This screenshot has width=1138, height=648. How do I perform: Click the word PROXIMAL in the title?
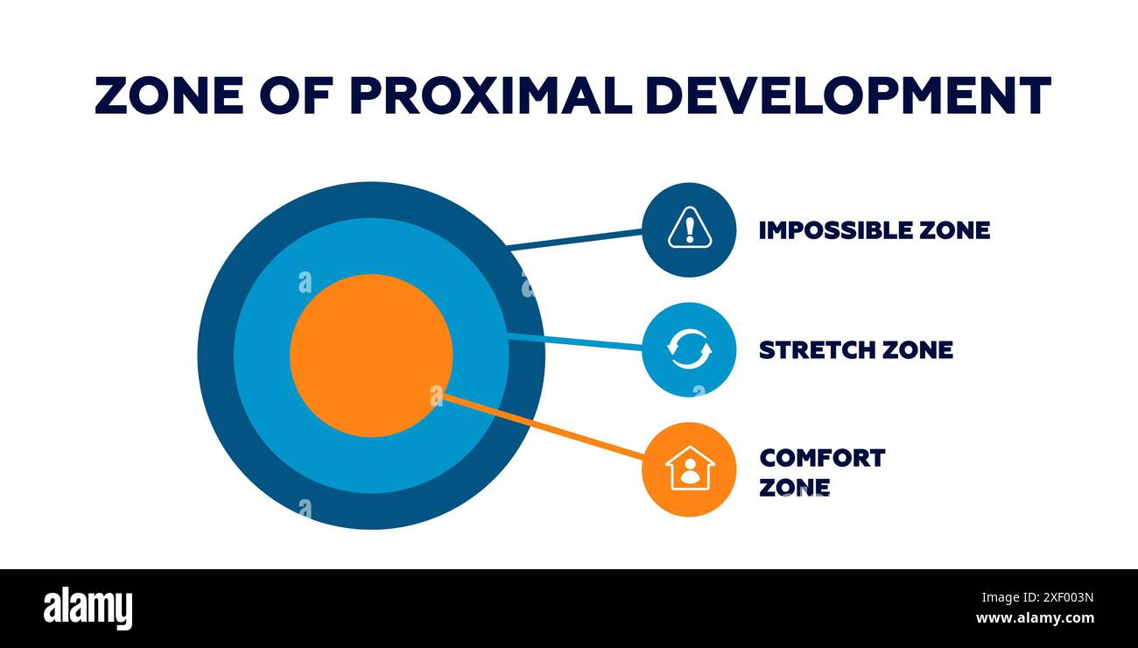[x=490, y=95]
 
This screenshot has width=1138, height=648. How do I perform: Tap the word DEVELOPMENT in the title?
[x=847, y=95]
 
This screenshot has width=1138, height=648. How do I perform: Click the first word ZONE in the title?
[x=169, y=95]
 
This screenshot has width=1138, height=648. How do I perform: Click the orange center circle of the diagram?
[x=370, y=355]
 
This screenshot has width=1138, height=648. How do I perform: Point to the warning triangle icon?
[x=689, y=229]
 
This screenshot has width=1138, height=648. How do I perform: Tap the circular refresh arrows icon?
[x=689, y=349]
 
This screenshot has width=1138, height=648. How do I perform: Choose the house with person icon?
[x=689, y=468]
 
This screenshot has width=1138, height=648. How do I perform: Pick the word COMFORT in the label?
[x=822, y=458]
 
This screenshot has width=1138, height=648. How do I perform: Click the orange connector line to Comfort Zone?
[x=543, y=426]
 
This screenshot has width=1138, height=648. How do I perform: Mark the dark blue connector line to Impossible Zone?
[x=575, y=240]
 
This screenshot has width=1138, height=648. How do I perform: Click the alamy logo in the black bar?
[x=88, y=609]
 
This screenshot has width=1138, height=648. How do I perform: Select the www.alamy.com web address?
[x=1035, y=618]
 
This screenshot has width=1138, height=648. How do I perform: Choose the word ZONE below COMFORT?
[x=794, y=487]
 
